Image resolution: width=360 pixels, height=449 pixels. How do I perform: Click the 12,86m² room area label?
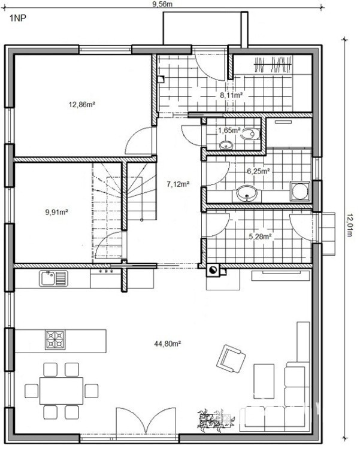(x=81, y=105)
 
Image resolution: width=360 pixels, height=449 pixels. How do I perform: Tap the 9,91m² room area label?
(x=56, y=212)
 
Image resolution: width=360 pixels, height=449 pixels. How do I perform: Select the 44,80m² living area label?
(x=167, y=344)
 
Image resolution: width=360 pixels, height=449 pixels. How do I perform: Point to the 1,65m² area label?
(x=229, y=131)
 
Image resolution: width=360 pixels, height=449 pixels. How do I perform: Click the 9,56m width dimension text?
(x=162, y=4)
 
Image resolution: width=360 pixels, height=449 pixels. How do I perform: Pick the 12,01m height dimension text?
(x=350, y=224)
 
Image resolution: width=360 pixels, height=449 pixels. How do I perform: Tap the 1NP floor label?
(x=18, y=19)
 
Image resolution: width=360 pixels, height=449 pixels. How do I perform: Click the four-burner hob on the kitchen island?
(x=55, y=339)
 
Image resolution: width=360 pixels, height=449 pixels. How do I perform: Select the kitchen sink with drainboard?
(x=53, y=278)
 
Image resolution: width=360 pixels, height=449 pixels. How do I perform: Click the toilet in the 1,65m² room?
(x=250, y=134)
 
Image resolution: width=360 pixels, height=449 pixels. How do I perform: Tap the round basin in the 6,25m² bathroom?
(x=247, y=193)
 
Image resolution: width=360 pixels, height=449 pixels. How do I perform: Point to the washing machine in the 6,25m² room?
(x=300, y=191)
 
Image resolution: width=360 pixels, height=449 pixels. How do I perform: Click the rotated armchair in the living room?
(x=231, y=358)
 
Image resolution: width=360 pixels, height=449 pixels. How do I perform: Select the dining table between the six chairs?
(x=61, y=390)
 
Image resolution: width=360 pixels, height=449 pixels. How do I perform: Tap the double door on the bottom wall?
(x=146, y=421)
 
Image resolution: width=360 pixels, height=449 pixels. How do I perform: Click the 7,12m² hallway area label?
(x=178, y=184)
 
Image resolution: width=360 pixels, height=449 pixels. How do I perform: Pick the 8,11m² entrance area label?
(x=232, y=95)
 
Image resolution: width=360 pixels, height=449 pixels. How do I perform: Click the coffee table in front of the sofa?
(x=264, y=381)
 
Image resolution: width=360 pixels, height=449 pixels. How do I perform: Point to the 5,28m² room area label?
(x=260, y=236)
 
